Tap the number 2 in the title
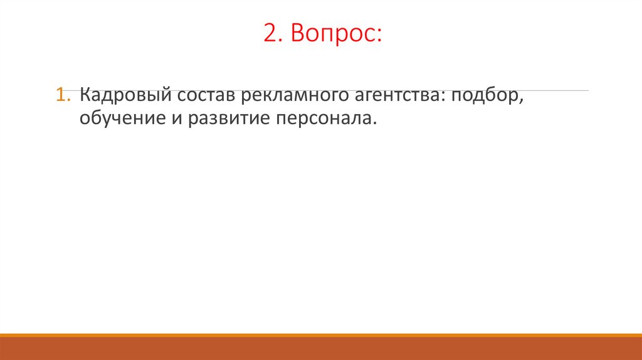point(270,35)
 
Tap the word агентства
point(399,97)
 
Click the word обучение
point(118,118)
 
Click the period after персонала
point(377,122)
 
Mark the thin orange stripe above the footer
point(321,335)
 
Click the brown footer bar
point(321,349)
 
